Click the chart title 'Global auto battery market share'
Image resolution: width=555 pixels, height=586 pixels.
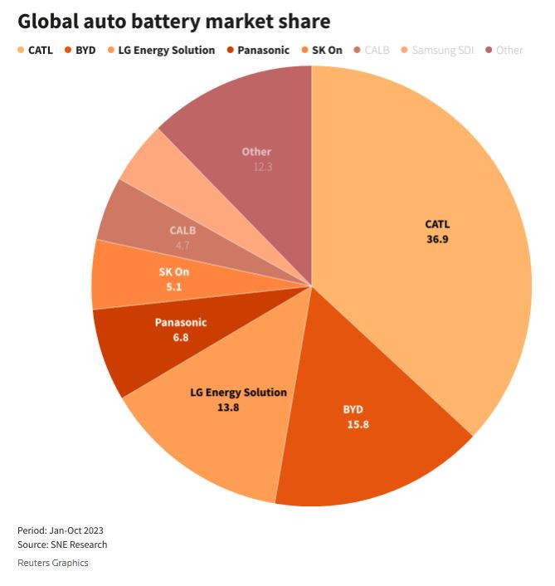173,21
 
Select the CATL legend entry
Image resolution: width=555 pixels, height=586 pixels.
39,50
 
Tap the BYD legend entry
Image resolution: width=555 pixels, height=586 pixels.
85,50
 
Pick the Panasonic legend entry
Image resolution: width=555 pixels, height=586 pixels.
262,50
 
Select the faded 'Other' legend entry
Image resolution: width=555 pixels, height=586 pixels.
509,50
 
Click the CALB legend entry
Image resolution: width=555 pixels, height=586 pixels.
375,50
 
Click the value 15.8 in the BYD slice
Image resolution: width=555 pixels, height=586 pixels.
358,424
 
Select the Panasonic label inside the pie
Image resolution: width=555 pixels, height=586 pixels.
181,322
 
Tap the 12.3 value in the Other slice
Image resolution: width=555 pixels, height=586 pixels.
263,167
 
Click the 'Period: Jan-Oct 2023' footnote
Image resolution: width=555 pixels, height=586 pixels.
61,530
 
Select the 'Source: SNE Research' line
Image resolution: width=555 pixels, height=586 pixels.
62,544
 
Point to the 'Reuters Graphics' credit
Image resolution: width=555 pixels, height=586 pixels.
53,563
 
